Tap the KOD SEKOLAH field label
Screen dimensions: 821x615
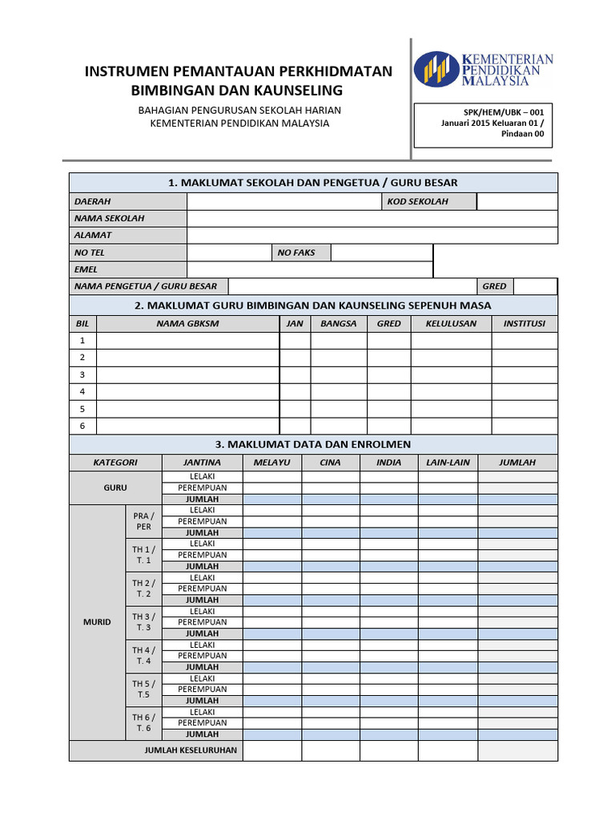click(417, 201)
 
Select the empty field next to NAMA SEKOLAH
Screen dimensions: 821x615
click(372, 218)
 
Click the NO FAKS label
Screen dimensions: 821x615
click(296, 253)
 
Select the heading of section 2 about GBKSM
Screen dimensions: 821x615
click(313, 305)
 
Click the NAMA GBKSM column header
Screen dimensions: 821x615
click(187, 324)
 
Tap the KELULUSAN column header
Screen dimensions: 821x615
click(451, 324)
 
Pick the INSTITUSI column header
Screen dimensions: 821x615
click(524, 324)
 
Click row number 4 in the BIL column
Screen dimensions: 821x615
click(82, 391)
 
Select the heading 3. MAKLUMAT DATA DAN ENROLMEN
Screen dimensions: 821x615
click(313, 444)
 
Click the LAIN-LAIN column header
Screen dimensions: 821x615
click(448, 463)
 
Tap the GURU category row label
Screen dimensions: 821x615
click(115, 487)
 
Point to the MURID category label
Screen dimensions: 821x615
click(97, 622)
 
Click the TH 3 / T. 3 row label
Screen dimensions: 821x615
click(143, 622)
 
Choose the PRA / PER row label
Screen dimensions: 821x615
click(143, 521)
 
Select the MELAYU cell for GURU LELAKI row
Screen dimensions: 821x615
click(272, 476)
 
